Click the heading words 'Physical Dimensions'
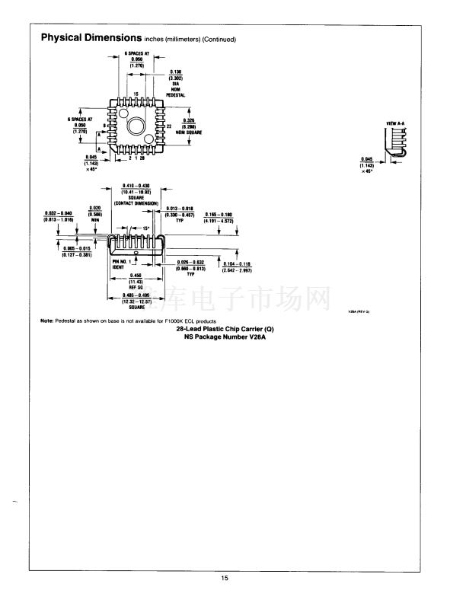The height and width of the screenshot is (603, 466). tap(90, 38)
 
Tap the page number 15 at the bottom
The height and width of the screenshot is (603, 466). tap(225, 579)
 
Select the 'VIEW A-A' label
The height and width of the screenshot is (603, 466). tap(395, 122)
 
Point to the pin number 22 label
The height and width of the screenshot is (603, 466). tap(169, 125)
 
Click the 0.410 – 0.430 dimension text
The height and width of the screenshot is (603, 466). tap(135, 186)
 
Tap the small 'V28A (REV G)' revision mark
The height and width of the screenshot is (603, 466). tap(358, 311)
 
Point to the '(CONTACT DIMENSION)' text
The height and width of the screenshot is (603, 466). tap(136, 203)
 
